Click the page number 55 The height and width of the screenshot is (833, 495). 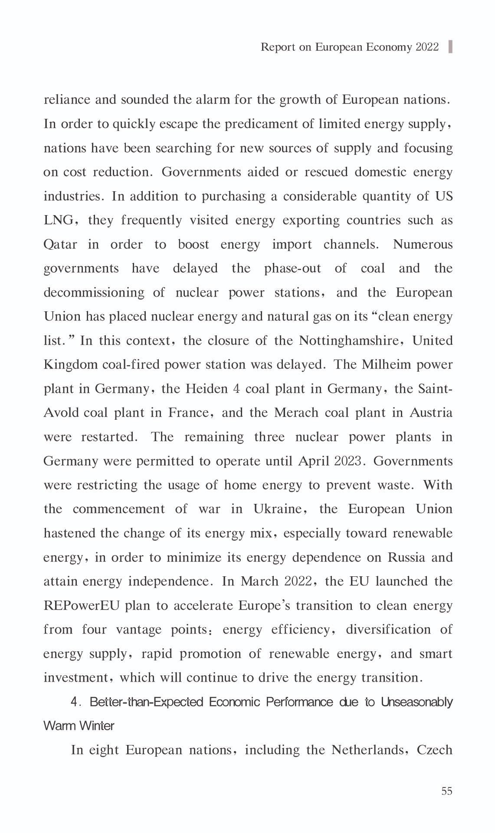[446, 791]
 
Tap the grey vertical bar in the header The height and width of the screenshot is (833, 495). [451, 46]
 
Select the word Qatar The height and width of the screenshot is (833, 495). [60, 245]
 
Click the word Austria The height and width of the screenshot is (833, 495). [431, 413]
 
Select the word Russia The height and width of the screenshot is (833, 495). [406, 557]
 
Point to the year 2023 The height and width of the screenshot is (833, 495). [347, 461]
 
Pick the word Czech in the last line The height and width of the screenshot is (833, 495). [435, 750]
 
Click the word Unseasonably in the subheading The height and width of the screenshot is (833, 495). [417, 702]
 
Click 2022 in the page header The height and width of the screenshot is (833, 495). [427, 47]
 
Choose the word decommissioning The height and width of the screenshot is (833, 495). [94, 293]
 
